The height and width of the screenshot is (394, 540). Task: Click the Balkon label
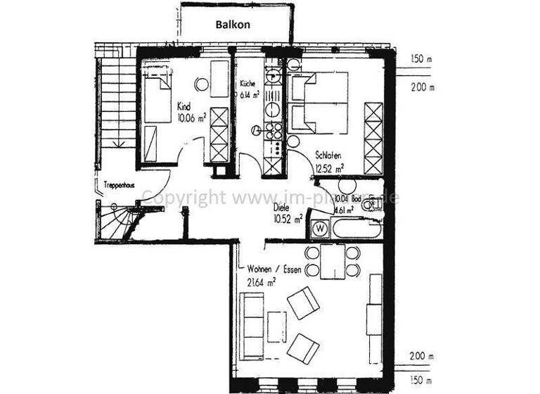click(x=232, y=23)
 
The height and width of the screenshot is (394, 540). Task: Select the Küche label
click(x=246, y=82)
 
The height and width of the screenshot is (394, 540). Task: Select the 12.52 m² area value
click(x=329, y=169)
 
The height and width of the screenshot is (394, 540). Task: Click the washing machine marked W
click(x=320, y=228)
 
